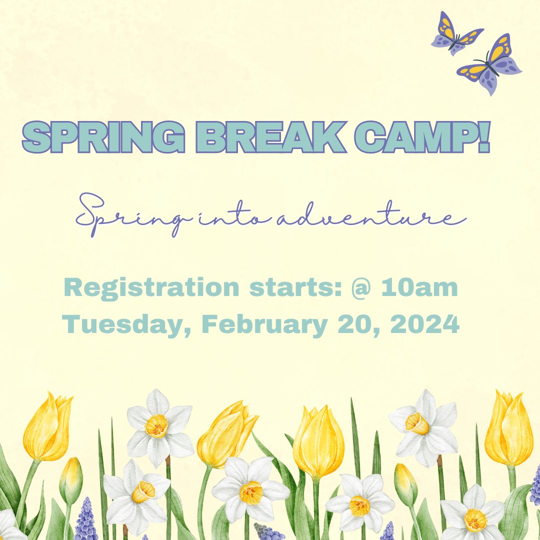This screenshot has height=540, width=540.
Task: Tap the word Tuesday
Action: (126, 325)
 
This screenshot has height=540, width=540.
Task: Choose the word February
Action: (263, 325)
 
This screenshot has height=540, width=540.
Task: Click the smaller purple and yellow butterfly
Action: (455, 33)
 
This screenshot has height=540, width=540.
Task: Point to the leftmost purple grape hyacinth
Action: (86, 520)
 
